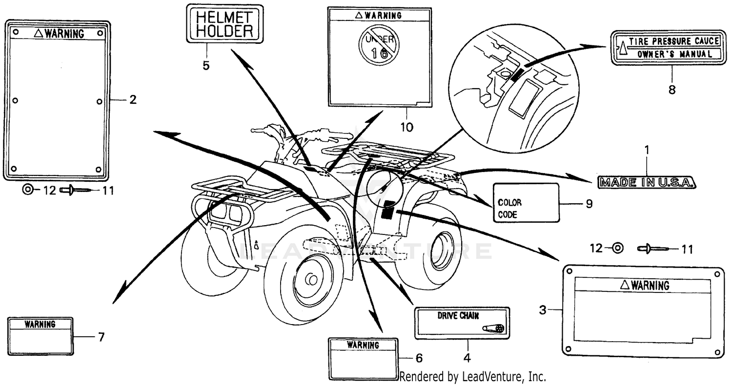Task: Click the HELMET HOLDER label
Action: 224,24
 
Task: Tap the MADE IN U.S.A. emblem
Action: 647,183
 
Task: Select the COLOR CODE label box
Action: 526,203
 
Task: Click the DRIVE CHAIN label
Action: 462,323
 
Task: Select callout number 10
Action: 406,127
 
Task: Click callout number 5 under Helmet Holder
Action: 206,65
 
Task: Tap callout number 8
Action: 672,91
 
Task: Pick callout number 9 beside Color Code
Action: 589,203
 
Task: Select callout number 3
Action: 543,309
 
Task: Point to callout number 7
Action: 101,337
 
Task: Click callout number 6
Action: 419,358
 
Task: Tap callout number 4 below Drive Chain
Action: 467,358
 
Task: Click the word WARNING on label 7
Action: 40,324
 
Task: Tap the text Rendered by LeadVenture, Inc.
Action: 472,376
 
